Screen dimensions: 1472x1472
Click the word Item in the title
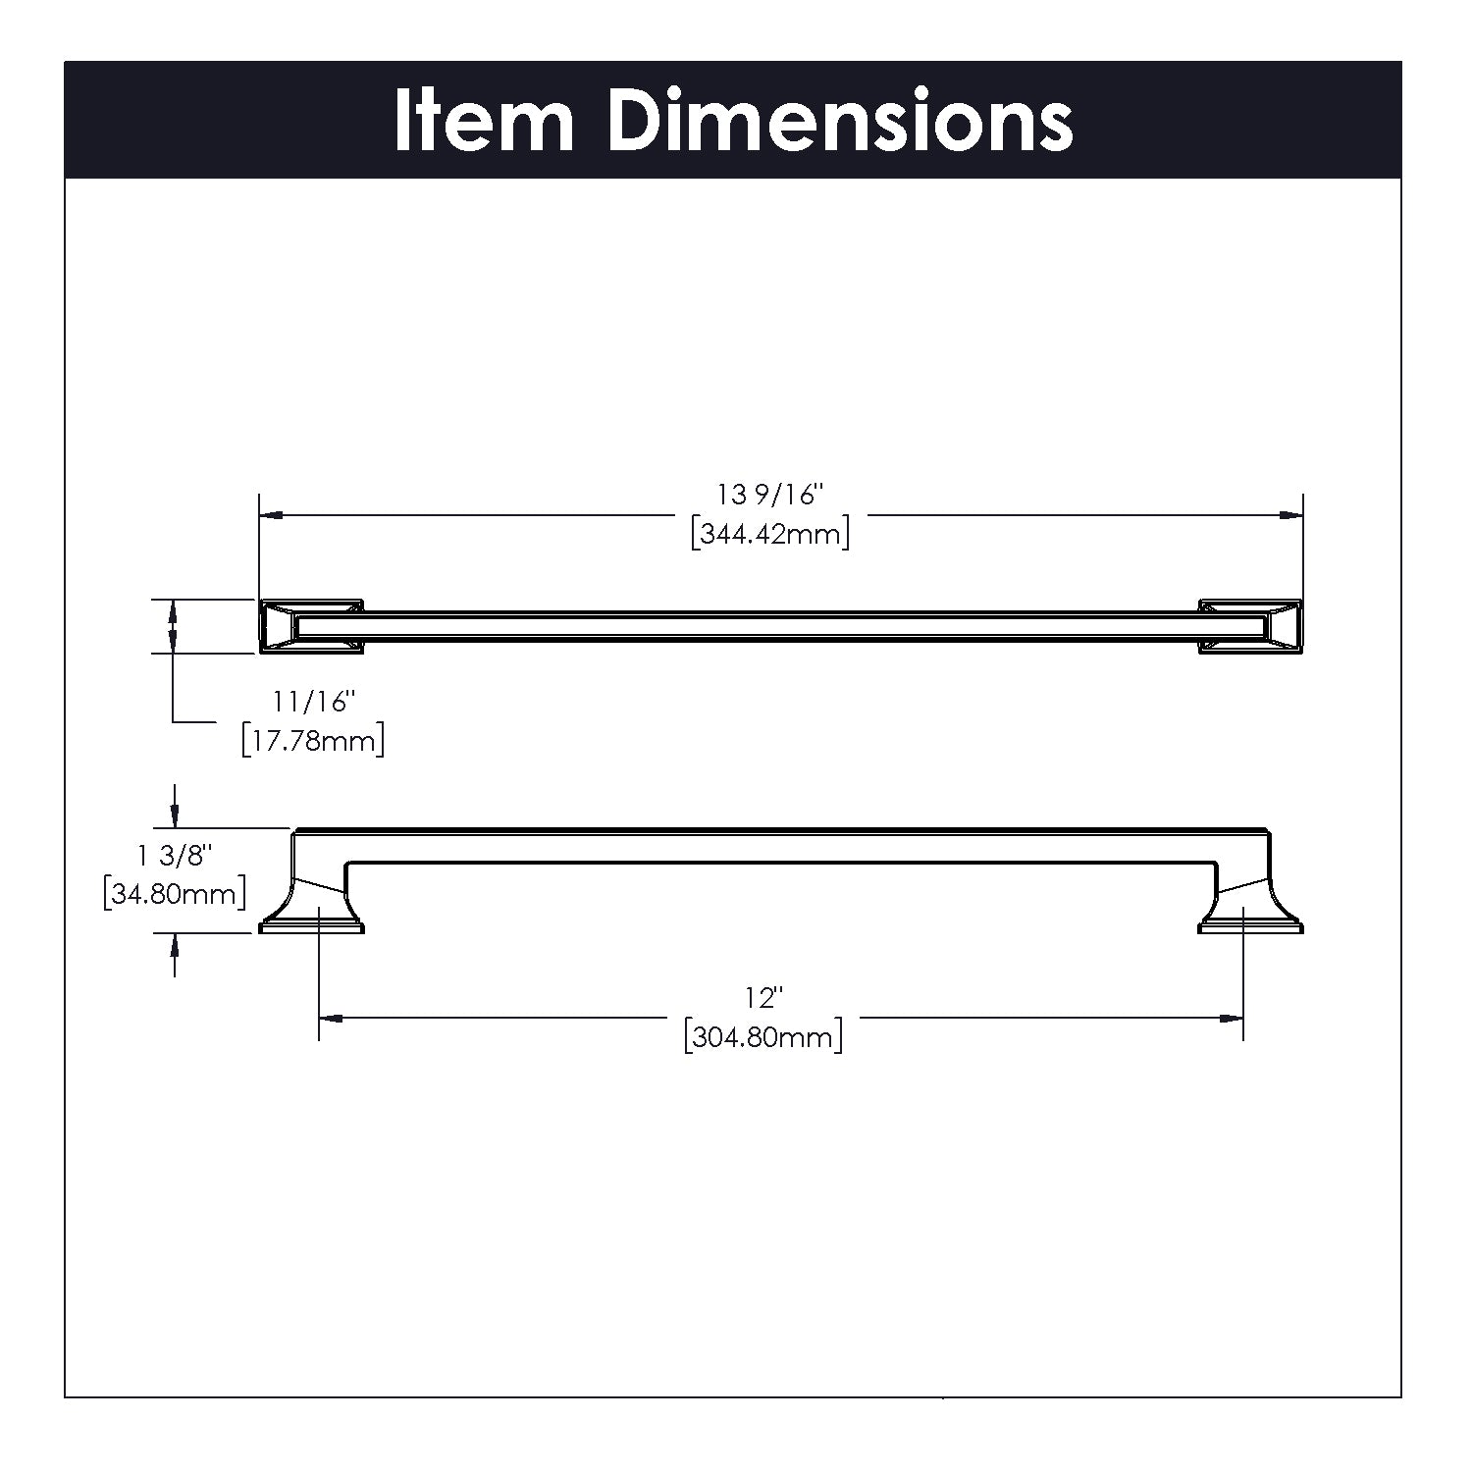click(x=484, y=121)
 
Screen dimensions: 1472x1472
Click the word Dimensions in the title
click(x=840, y=121)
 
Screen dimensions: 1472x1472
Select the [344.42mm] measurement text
click(x=770, y=535)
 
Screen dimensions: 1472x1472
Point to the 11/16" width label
click(x=313, y=703)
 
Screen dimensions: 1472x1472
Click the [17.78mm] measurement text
click(x=313, y=740)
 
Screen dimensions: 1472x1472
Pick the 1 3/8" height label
click(x=175, y=856)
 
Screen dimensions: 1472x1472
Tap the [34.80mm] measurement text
click(x=175, y=894)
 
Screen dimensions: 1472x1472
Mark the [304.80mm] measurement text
click(x=763, y=1037)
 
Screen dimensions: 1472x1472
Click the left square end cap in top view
click(x=311, y=626)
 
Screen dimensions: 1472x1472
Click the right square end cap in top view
click(x=1250, y=626)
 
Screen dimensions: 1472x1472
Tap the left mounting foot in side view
click(x=312, y=907)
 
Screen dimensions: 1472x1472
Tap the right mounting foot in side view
click(x=1250, y=907)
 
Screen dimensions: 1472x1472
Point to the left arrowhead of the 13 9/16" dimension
click(x=271, y=514)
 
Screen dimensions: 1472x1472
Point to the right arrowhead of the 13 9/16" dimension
click(x=1290, y=514)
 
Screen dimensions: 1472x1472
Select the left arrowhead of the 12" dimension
click(x=332, y=1019)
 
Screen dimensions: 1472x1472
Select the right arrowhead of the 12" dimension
click(x=1232, y=1019)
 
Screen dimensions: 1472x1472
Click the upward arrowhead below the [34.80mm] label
click(x=175, y=946)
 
